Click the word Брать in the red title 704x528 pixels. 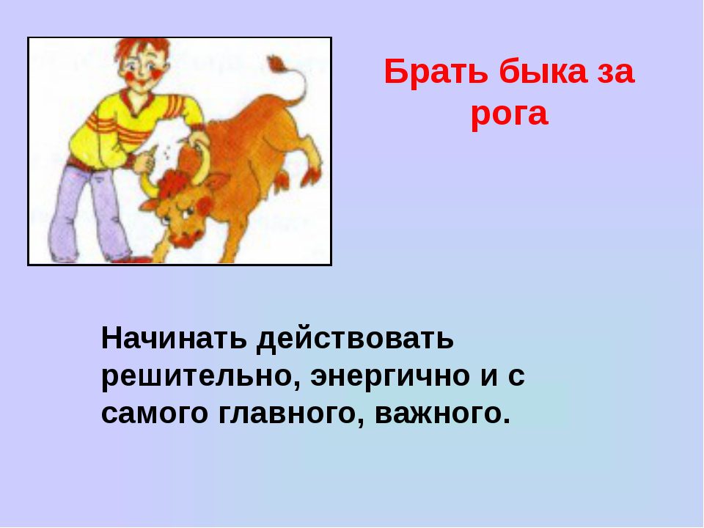tap(436, 72)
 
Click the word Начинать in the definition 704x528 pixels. tap(174, 338)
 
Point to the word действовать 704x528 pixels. tap(355, 338)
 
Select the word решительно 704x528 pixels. tap(202, 376)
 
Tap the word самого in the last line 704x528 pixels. tap(155, 414)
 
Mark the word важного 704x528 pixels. tap(442, 414)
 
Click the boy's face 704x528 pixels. tap(144, 70)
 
